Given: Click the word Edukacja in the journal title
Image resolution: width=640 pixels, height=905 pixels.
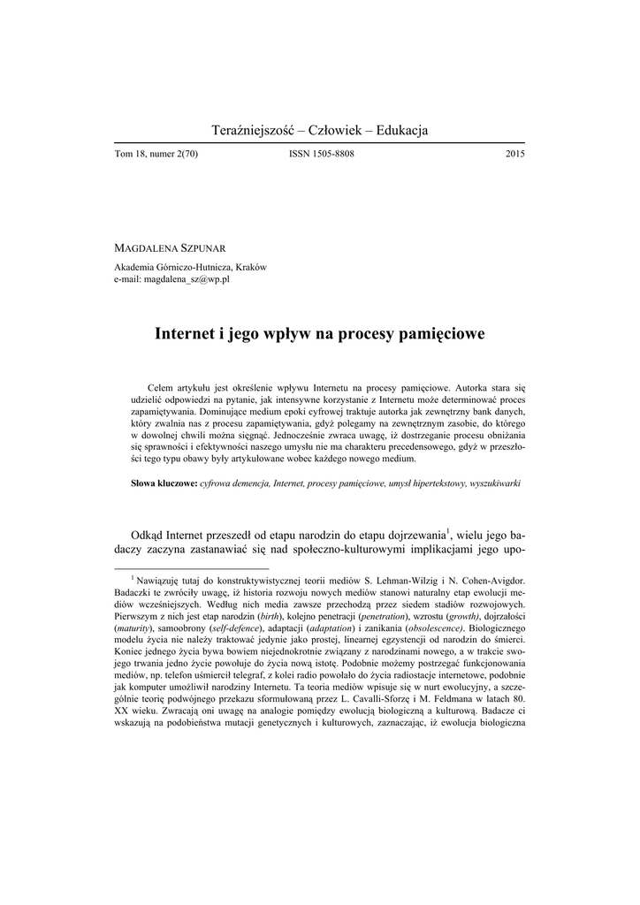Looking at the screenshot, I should click(x=394, y=130).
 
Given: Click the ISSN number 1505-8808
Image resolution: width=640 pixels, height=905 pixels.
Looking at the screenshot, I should click(x=322, y=154).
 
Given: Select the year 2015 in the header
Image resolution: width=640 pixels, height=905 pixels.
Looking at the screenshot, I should click(x=515, y=154).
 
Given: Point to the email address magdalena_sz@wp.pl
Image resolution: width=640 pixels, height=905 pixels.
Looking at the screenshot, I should click(x=187, y=278).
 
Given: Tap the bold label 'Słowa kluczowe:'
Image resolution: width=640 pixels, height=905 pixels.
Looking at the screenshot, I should click(x=164, y=484).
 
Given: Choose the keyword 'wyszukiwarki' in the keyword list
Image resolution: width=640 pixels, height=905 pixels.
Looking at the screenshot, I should click(x=495, y=484).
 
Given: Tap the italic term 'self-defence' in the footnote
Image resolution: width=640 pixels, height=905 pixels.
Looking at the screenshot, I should click(x=237, y=626).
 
